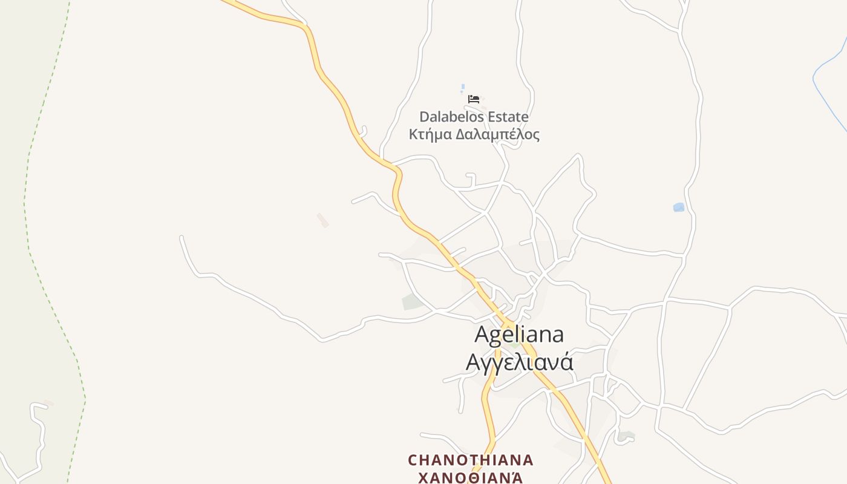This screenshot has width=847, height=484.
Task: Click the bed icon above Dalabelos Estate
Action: [474, 99]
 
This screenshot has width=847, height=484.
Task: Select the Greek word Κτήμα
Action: [430, 134]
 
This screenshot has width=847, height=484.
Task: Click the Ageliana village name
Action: [519, 334]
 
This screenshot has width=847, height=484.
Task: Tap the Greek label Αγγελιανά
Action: [519, 362]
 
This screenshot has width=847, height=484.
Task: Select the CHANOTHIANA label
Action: [471, 460]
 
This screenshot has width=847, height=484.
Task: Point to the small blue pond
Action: [679, 208]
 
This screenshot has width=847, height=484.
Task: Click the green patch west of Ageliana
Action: [413, 302]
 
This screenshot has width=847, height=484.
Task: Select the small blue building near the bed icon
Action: [463, 87]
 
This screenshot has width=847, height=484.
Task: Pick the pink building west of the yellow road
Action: [323, 220]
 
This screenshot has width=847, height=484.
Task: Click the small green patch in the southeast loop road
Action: [626, 436]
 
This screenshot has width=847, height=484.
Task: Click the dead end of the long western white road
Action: [181, 238]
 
